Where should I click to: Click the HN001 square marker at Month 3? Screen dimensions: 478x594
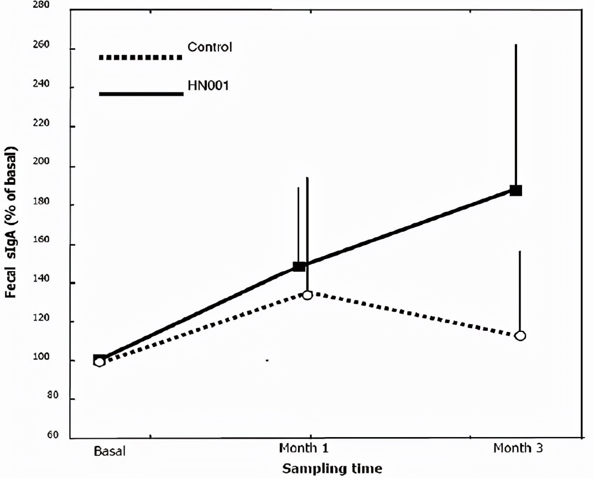point(515,190)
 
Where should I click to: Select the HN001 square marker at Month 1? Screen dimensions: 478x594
point(299,266)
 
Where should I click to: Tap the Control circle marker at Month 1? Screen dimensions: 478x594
point(308,294)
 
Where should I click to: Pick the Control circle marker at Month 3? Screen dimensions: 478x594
point(520,335)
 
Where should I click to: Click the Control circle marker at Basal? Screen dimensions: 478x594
point(99,362)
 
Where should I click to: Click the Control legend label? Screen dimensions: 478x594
point(210,47)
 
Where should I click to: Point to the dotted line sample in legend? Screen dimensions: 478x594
point(140,57)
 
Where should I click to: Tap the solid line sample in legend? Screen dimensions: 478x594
point(141,94)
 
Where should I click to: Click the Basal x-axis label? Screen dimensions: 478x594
point(110,451)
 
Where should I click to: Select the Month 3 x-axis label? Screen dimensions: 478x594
point(518,448)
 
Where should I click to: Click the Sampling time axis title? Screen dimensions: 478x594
point(332,469)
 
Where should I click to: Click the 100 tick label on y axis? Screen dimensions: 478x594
point(53,360)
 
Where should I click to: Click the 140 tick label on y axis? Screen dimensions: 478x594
point(53,282)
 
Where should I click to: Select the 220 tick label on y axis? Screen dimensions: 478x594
point(53,124)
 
